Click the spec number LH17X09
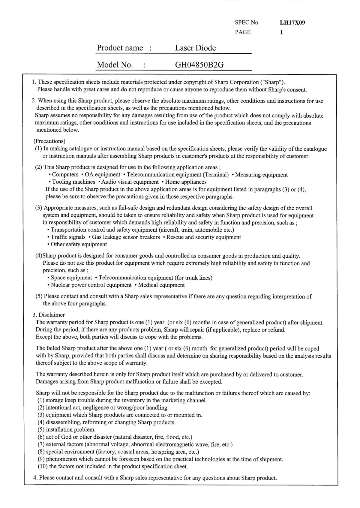click(x=292, y=23)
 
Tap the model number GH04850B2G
click(x=199, y=65)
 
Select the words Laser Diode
click(x=195, y=48)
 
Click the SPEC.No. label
click(x=247, y=23)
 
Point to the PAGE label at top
click(x=242, y=32)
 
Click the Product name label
click(x=120, y=48)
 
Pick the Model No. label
click(x=115, y=65)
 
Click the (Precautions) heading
click(x=49, y=141)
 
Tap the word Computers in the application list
click(x=65, y=175)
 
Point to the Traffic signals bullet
click(x=68, y=237)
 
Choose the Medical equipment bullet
click(x=161, y=285)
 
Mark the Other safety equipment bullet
click(x=79, y=244)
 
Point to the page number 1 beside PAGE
click(x=281, y=32)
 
